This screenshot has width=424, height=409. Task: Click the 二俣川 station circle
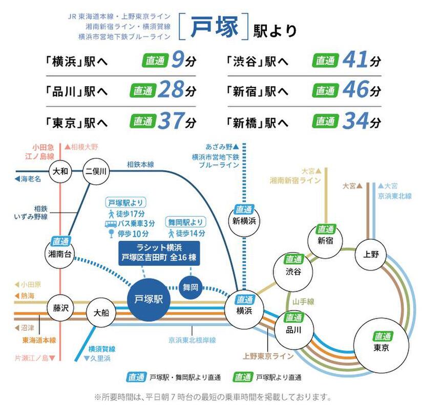click(x=95, y=172)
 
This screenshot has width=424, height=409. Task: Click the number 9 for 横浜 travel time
click(x=177, y=60)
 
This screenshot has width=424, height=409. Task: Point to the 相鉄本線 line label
click(x=140, y=164)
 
